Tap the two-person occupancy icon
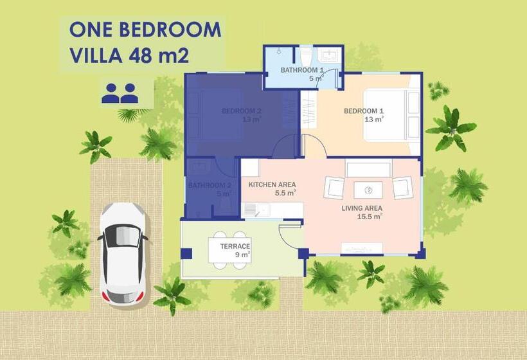coord(120,93)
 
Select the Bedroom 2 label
coord(241,111)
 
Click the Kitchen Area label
coord(272,184)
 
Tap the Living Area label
coord(361,208)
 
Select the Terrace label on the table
coord(235,247)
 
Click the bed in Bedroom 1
coord(386,115)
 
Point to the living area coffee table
coord(368,190)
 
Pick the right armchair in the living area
coord(402,187)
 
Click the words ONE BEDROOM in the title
coord(145,30)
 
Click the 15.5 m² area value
coord(370,217)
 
